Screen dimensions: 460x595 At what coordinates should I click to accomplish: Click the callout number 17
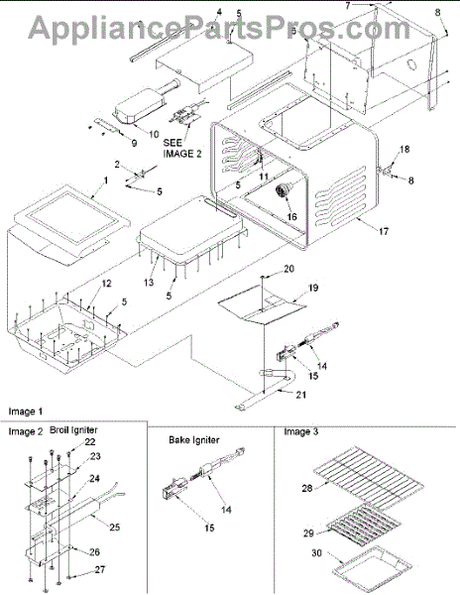point(384,231)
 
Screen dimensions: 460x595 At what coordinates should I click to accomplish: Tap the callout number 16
point(292,216)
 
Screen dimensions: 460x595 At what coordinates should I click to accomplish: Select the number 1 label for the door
point(106,180)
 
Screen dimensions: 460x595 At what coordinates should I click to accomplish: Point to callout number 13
point(149,283)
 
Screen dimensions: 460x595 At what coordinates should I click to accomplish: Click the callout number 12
point(106,283)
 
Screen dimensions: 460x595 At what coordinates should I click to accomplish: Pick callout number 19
point(313,288)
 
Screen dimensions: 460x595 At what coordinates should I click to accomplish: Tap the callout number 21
point(300,395)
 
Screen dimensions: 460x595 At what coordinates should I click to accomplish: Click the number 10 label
point(154,134)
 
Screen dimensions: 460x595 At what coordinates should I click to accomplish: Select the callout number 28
point(307,488)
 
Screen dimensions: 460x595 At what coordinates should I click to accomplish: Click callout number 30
point(316,553)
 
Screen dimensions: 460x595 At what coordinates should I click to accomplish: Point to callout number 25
point(115,527)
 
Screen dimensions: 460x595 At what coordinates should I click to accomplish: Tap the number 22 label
point(90,442)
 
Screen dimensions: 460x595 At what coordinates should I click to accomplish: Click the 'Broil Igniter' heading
point(73,430)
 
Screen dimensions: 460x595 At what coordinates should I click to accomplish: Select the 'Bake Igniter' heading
point(193,439)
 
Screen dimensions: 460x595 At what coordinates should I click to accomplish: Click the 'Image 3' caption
point(301,431)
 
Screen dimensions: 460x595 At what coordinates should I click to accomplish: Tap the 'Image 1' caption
point(26,412)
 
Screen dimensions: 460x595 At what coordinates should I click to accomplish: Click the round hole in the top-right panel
point(410,65)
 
